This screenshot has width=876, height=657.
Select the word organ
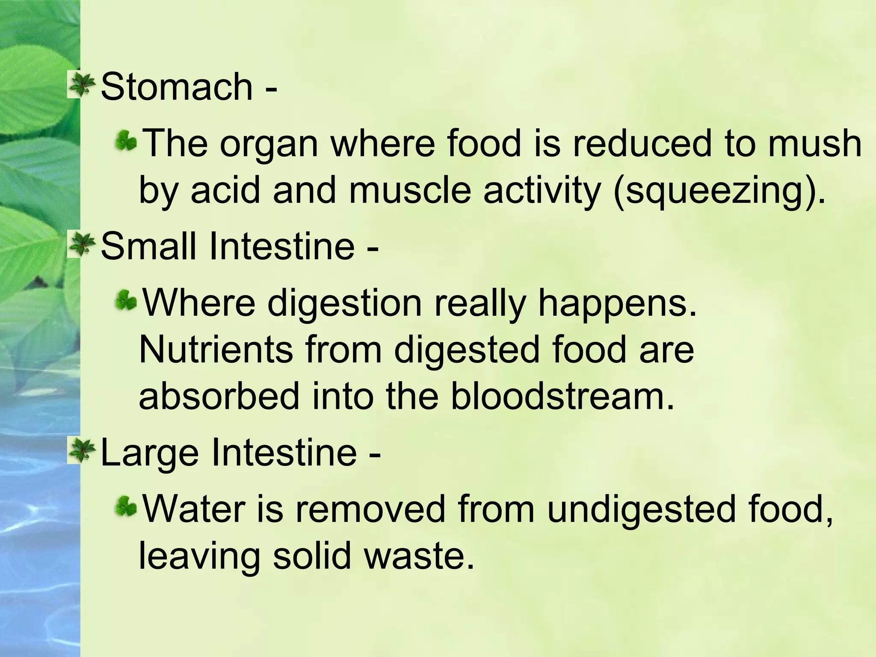tap(269, 145)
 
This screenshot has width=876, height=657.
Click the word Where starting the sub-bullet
tap(198, 303)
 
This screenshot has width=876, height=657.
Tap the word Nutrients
tap(216, 350)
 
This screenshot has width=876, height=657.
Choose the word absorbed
tap(219, 396)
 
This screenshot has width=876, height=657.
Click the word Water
tap(193, 509)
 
